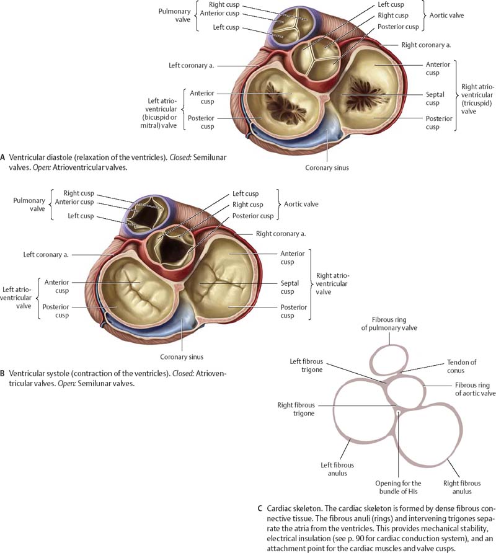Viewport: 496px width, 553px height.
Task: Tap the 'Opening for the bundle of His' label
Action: point(399,487)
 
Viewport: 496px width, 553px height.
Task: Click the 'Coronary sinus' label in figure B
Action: point(182,356)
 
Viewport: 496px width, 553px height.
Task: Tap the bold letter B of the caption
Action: point(4,374)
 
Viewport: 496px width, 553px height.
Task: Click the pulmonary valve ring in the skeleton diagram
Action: point(389,359)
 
